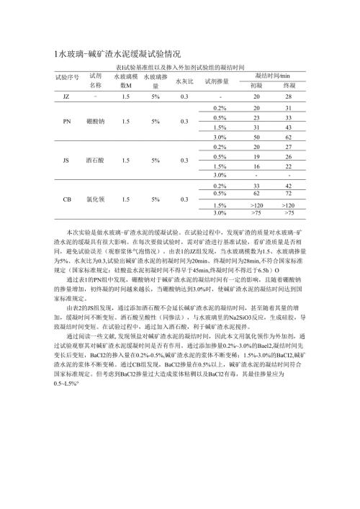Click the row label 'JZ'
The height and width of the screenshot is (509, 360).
pyautogui.click(x=66, y=96)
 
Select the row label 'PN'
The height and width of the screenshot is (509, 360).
pyautogui.click(x=66, y=121)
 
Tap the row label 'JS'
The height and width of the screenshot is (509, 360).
pyautogui.click(x=66, y=161)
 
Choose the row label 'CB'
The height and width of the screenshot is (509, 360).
pyautogui.click(x=67, y=199)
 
